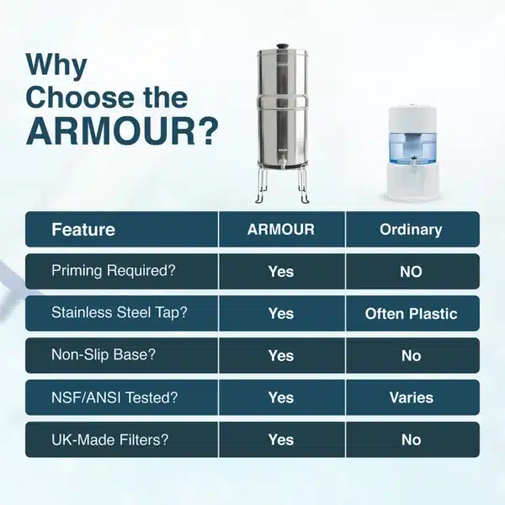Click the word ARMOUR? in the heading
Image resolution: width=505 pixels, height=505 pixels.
122,132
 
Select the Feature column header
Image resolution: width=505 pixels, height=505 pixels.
83,229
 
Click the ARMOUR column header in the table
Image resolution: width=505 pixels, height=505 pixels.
281,229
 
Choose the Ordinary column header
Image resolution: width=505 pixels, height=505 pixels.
411,229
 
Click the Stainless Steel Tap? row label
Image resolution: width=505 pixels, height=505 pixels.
119,313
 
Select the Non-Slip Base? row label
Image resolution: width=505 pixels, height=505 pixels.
104,355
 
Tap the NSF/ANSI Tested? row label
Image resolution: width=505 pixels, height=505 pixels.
116,397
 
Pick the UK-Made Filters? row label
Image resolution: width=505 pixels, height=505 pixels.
110,439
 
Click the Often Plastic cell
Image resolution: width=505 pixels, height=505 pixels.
411,313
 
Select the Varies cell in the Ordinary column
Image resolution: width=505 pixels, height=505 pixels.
411,397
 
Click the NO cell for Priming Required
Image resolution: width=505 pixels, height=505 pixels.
411,271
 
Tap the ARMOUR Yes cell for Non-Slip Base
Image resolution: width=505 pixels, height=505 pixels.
281,355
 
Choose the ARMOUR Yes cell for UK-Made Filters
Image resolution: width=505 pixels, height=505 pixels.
281,439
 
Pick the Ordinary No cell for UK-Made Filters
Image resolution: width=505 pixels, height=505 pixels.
411,439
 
